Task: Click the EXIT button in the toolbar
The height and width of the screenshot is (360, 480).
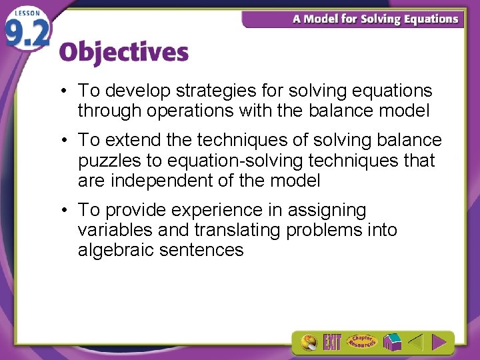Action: click(x=332, y=343)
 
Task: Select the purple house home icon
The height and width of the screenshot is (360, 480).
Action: click(x=393, y=343)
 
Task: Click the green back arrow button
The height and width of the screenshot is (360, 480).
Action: click(x=415, y=343)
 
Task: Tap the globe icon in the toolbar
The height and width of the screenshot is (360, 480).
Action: click(x=308, y=343)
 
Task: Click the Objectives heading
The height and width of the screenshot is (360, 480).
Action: click(x=124, y=53)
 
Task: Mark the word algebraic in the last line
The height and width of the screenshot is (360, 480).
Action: click(x=115, y=250)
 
